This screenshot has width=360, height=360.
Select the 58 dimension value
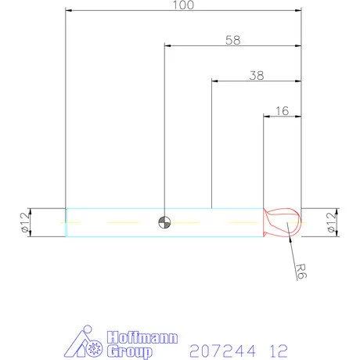tap(232, 38)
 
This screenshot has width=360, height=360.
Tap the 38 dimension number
tap(256, 75)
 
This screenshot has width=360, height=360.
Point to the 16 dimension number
tap(282, 111)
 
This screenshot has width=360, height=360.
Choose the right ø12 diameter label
tap(338, 222)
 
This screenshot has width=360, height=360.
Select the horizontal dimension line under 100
tap(117, 11)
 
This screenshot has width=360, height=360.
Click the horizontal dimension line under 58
tap(196, 45)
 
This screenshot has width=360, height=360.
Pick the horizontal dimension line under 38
tap(235, 81)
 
